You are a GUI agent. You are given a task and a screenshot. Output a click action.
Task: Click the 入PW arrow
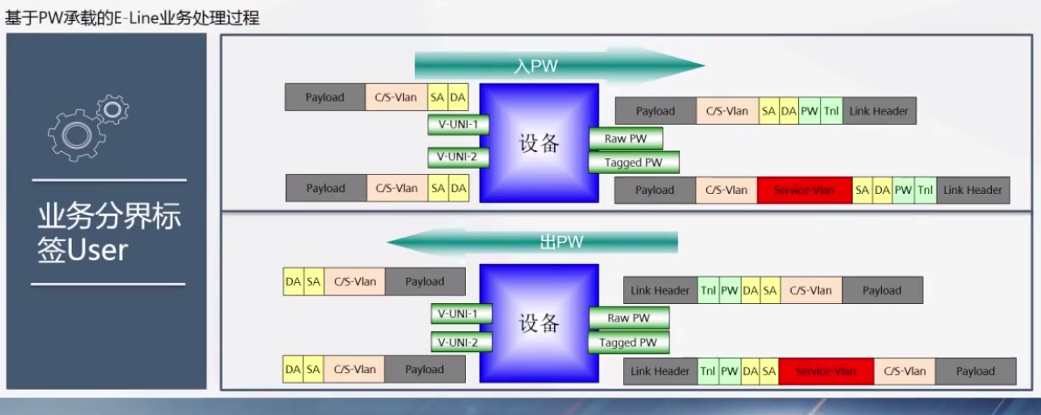coord(559,66)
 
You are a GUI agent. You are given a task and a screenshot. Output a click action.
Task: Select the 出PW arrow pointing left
coord(533,242)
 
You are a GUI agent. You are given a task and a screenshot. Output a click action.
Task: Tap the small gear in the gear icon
coord(114,110)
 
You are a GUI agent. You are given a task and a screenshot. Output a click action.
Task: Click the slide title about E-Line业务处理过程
coord(132,17)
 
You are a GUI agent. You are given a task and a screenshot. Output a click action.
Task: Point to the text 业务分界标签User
coord(108,233)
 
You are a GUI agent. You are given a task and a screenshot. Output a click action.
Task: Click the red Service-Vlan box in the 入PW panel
coord(804,190)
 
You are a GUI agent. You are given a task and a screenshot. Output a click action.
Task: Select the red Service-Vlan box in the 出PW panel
coord(825,371)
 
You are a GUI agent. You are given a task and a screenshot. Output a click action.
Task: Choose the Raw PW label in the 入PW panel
coord(626,139)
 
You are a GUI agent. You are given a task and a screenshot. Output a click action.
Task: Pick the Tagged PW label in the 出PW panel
coord(628,342)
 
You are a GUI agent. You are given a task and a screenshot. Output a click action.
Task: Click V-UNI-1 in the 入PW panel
coord(458,124)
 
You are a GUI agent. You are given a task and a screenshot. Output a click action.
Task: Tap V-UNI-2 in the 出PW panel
coord(461,342)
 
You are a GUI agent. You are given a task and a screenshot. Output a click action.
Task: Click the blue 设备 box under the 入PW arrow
coord(538,142)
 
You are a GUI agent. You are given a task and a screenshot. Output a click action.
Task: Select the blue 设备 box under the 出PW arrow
coord(538,322)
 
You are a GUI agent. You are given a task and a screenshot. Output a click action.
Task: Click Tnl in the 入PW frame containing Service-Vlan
coord(925,190)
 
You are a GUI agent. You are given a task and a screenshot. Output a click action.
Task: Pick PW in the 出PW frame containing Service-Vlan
coord(730,371)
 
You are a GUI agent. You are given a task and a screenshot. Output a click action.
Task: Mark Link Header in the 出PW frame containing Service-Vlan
coord(660,371)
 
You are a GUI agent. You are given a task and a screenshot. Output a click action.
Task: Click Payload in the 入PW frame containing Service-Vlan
coord(655,190)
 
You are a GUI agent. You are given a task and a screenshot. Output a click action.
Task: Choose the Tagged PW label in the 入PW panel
coord(633,163)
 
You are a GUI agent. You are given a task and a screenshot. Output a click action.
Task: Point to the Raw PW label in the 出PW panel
coord(628,319)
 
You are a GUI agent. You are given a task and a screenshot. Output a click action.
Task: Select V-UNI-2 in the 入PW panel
coord(458,157)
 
